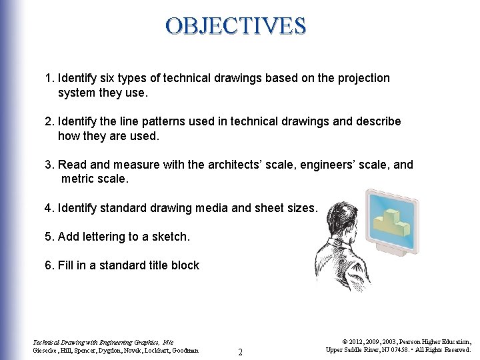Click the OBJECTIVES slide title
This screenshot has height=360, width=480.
tap(236, 26)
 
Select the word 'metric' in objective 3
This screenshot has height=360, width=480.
tap(78, 179)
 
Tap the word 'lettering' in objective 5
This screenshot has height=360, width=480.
tap(106, 237)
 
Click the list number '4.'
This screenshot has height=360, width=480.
tap(49, 208)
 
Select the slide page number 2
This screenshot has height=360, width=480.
tap(241, 351)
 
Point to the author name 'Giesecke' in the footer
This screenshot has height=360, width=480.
tap(47, 350)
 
